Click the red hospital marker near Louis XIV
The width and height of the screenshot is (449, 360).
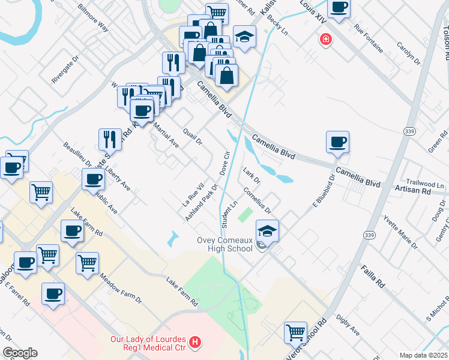(326, 40)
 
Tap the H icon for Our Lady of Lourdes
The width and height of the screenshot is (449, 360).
(194, 343)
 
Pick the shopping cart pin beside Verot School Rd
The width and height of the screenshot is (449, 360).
(295, 332)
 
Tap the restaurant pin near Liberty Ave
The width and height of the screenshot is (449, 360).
(110, 139)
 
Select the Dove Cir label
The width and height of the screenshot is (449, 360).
(226, 163)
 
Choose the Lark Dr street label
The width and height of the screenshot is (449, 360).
(252, 176)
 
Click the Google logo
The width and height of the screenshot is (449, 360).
(20, 353)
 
